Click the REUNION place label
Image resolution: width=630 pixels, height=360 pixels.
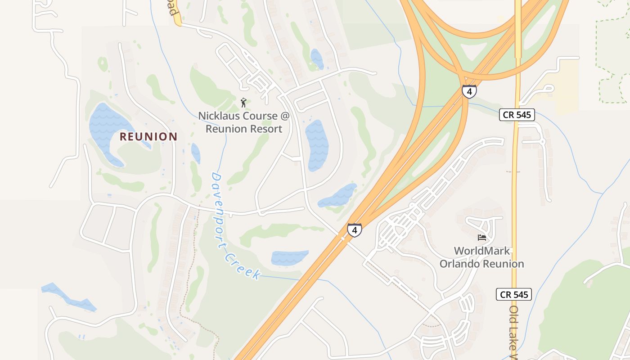(x=148, y=137)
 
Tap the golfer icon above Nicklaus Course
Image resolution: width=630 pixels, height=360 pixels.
(x=243, y=103)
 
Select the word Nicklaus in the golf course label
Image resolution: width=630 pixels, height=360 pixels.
(x=220, y=116)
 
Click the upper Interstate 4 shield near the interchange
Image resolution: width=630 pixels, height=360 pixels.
(x=469, y=92)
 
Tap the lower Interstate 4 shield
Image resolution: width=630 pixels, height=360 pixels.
(x=354, y=230)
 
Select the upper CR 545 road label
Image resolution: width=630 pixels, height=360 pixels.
(x=517, y=115)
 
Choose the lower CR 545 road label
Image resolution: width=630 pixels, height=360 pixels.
(x=514, y=295)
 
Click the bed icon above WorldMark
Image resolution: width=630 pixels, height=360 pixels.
(x=482, y=237)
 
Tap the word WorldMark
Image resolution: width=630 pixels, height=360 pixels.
(x=481, y=251)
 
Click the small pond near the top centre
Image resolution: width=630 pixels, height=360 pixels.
(x=317, y=59)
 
